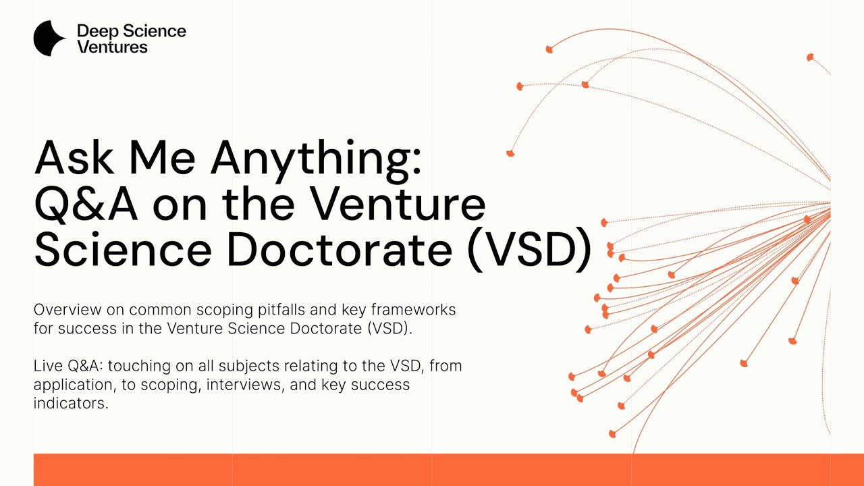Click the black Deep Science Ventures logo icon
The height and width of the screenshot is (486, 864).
(49, 38)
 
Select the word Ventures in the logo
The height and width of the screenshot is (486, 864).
(112, 47)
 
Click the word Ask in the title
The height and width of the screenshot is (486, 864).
(73, 158)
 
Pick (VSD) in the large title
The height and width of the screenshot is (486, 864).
(529, 249)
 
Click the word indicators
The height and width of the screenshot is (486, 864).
(71, 404)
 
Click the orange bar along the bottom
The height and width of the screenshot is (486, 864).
(432, 470)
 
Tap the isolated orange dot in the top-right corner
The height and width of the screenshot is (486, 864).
(810, 57)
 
